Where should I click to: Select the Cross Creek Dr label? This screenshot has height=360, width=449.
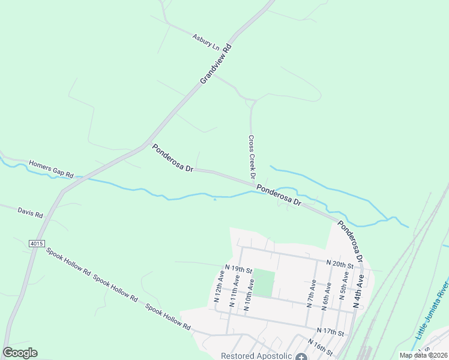[252, 157]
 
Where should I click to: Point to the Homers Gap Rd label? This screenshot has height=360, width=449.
[51, 169]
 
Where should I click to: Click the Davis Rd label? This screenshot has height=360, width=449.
[30, 213]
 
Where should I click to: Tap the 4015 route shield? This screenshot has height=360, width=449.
[36, 243]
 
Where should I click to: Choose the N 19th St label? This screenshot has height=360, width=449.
[238, 269]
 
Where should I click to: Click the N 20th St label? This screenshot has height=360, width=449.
[340, 263]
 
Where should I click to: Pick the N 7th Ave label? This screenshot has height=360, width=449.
[310, 292]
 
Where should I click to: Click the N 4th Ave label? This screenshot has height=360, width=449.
[359, 291]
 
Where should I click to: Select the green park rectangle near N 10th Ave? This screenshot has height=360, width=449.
[264, 283]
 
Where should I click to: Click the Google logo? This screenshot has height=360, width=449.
[20, 353]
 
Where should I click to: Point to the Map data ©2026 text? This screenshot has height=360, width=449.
[423, 355]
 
